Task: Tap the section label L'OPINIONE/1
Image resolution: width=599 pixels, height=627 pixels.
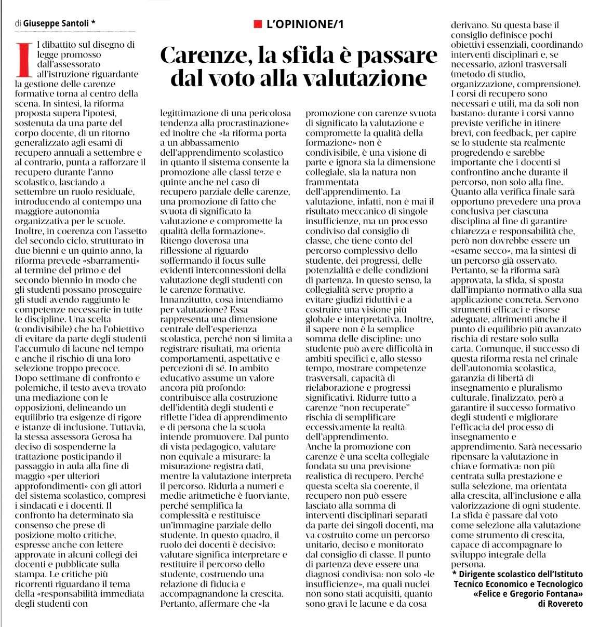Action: (305, 24)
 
